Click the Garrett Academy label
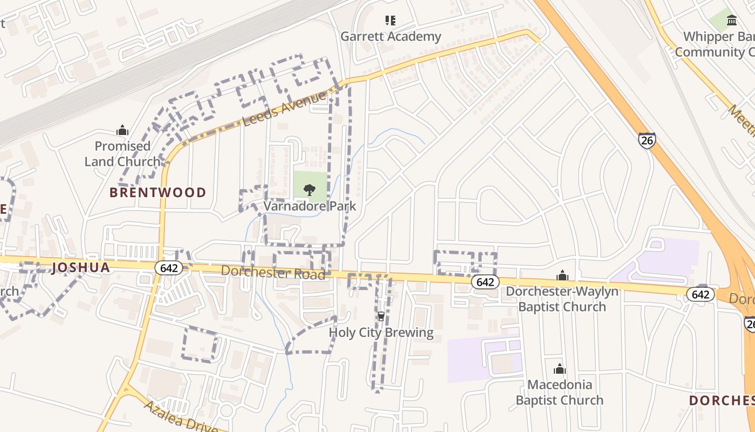390,37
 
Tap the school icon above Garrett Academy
390,21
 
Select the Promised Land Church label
122,153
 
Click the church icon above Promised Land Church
122,130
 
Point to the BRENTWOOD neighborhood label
157,192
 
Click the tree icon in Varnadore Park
310,189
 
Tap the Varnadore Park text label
310,206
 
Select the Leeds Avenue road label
285,108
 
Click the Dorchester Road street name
273,272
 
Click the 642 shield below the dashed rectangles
485,282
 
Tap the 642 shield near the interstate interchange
700,294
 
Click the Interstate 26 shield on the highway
647,140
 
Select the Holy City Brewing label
381,332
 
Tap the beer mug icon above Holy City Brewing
381,316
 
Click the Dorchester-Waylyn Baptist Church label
562,299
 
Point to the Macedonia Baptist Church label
559,393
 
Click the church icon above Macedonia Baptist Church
560,369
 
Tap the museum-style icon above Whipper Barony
732,21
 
